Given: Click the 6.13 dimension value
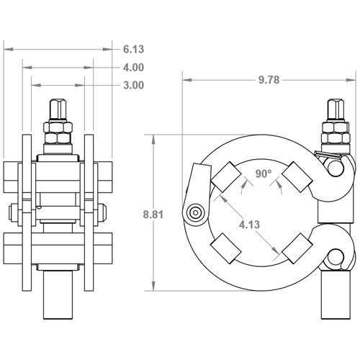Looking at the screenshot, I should point(133,50).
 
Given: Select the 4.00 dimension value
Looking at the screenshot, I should point(133,68).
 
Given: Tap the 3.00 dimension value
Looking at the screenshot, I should point(133,85).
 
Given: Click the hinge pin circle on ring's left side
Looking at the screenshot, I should point(194,212).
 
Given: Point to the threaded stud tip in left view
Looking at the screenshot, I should point(59,112).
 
